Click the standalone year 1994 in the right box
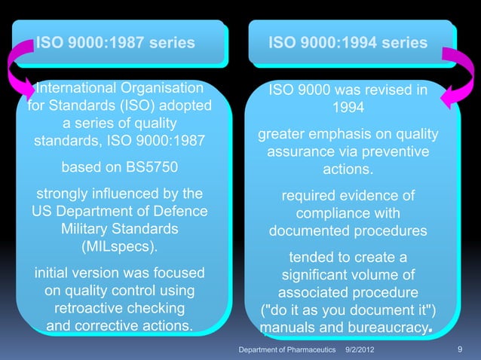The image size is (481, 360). pos(348,108)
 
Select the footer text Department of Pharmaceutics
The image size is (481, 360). pos(286,351)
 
